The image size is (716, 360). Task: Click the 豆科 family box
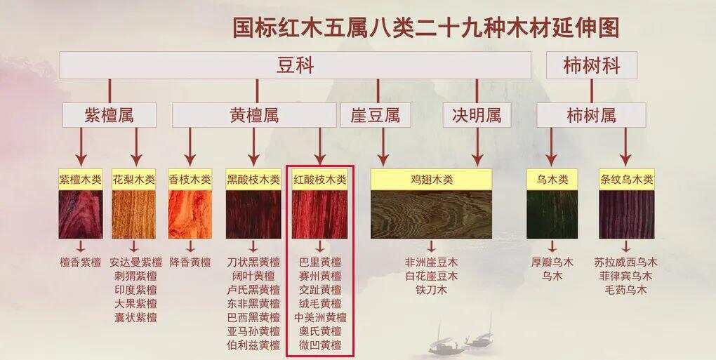point(295,65)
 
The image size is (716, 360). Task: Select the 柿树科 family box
point(591,65)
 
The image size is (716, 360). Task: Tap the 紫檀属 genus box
point(109,115)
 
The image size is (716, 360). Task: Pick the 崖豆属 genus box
point(376,115)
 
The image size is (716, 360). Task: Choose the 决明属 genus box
point(477,115)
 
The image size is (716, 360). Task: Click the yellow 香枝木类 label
point(190,180)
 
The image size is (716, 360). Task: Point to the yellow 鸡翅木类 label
point(431,180)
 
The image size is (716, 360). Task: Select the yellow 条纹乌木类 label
point(626,180)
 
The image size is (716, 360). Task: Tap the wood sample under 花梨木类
point(134,215)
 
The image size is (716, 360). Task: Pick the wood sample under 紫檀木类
point(80,215)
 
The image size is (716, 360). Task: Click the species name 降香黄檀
point(190,262)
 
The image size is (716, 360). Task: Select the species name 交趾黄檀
point(320,290)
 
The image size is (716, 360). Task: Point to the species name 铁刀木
point(431,290)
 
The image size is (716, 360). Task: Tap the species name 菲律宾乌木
point(626,276)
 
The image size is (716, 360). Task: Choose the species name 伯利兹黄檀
point(253,345)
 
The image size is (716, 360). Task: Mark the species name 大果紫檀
point(135,303)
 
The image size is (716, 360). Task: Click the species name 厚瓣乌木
point(552,262)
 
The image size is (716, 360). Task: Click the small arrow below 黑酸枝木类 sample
point(253,246)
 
